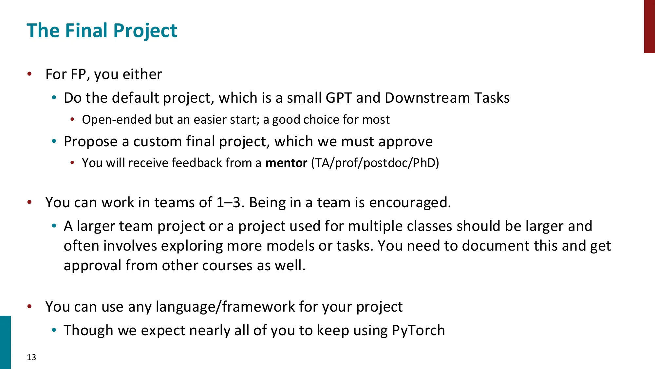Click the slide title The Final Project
[x=102, y=31]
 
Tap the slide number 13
[x=31, y=357]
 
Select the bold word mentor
[x=286, y=163]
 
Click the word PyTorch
[x=418, y=330]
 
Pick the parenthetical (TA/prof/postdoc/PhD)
[x=375, y=163]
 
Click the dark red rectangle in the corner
[x=649, y=26]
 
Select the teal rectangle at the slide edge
[x=5, y=342]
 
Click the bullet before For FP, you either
[x=29, y=74]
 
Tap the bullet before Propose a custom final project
[x=54, y=141]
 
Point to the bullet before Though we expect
[x=54, y=330]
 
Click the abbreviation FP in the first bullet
[x=79, y=74]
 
